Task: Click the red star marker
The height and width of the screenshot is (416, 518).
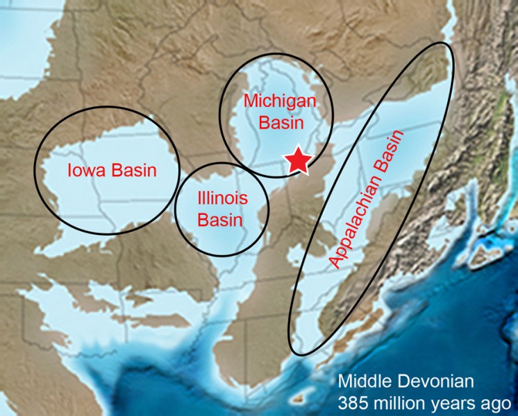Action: coord(298,160)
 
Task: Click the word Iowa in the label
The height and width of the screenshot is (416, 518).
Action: coord(84,170)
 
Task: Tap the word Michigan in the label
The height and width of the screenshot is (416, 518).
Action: coord(281,101)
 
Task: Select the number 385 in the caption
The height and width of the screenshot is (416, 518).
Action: coord(352,401)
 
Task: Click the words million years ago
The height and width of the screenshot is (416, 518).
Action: coord(443,402)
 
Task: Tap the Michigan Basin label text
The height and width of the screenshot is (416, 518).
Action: coord(281,112)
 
